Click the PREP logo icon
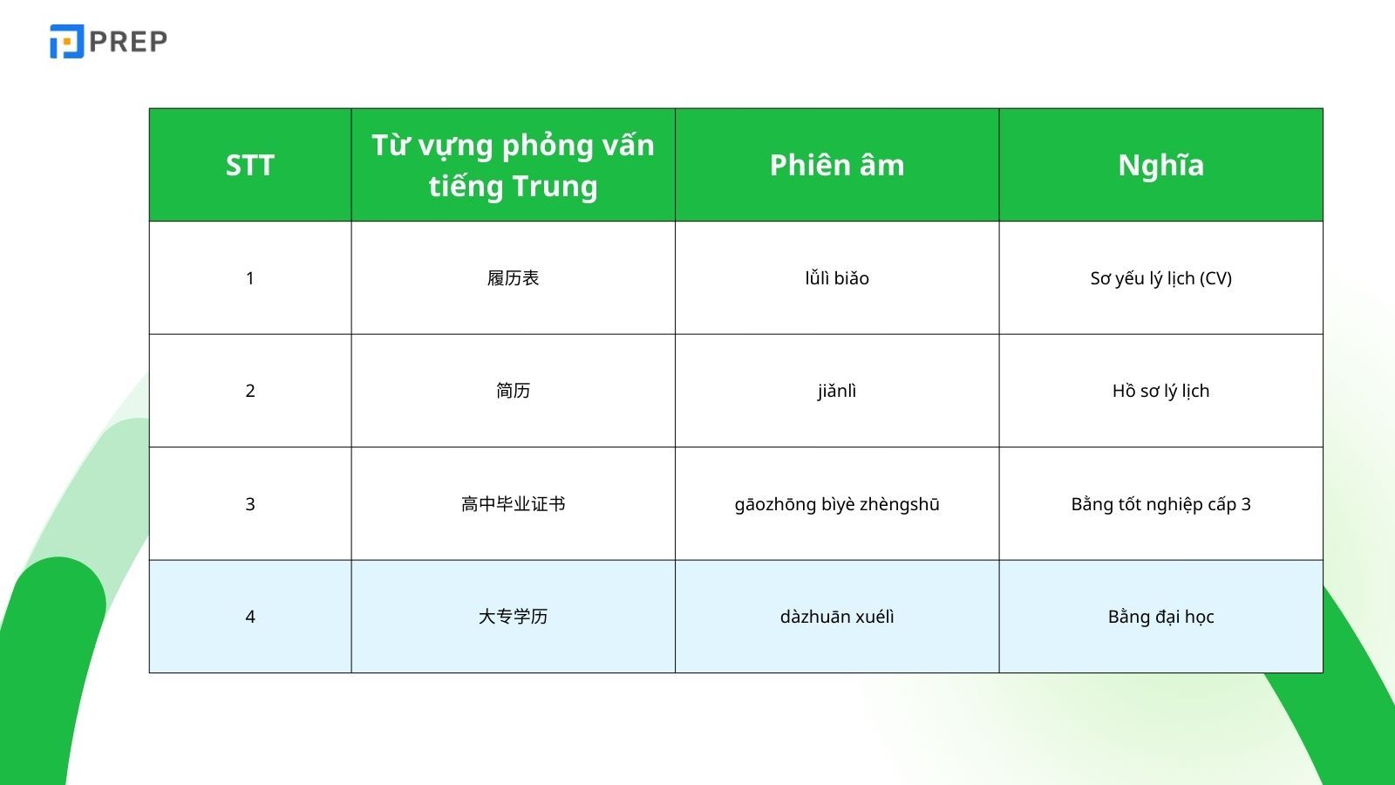(66, 42)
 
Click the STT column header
(250, 165)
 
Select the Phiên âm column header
(837, 165)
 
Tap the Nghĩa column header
(1160, 165)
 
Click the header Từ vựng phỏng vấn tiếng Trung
(513, 165)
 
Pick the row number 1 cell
(250, 278)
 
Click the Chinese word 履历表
(513, 278)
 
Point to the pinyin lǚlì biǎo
(837, 278)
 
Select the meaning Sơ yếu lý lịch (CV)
(1160, 278)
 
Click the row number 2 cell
(250, 391)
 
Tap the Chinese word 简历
(513, 391)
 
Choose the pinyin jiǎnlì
(837, 391)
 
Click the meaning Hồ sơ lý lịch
(1160, 391)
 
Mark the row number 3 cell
(250, 504)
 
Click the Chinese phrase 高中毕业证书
(513, 504)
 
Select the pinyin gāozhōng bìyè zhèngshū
(837, 504)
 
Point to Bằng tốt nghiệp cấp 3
(1160, 504)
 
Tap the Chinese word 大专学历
(513, 617)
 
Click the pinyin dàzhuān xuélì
(837, 617)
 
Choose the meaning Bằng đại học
(1160, 617)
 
